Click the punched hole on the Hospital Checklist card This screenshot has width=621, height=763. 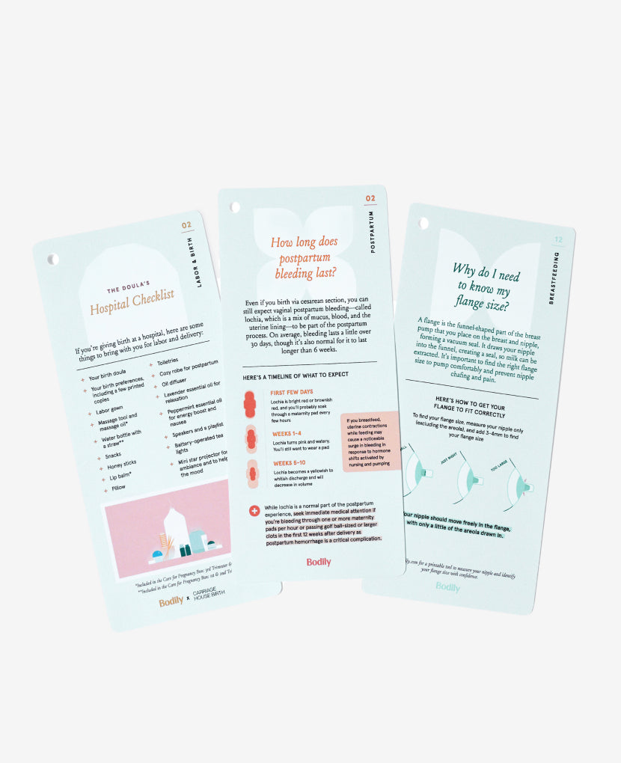coord(52,259)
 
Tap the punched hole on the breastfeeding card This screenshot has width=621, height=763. coord(424,223)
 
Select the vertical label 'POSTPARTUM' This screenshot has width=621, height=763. coord(373,230)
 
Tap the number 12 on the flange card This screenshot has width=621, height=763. coord(558,240)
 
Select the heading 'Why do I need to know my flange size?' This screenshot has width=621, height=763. coord(485,285)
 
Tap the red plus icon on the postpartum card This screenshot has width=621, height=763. coord(254,511)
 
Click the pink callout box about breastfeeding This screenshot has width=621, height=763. coord(370,442)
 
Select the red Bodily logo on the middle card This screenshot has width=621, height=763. coord(319,562)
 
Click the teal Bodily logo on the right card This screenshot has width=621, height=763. coord(448,587)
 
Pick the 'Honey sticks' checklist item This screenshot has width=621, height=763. coord(120,463)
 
